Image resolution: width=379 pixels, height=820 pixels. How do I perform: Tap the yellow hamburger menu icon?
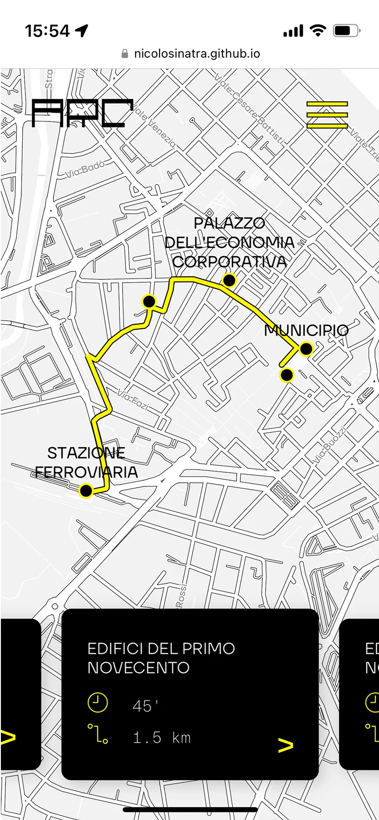tap(327, 115)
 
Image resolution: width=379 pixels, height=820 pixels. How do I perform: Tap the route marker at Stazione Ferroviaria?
tap(86, 490)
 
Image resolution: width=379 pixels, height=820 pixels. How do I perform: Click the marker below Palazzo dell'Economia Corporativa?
tap(229, 280)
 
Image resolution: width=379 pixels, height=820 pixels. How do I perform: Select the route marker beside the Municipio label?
tap(306, 349)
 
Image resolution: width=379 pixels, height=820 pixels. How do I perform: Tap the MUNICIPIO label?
tap(306, 330)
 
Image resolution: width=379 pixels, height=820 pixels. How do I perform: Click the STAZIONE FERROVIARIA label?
tap(86, 462)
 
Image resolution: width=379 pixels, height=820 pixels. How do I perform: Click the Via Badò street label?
tap(85, 169)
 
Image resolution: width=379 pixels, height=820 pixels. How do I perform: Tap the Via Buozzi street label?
tap(329, 446)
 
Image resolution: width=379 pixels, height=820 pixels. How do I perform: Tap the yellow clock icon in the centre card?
tap(98, 703)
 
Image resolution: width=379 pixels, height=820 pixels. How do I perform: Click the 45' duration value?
tap(145, 706)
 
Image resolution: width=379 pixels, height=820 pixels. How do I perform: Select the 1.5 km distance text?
tap(162, 738)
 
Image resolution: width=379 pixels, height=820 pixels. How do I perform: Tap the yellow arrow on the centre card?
tap(286, 745)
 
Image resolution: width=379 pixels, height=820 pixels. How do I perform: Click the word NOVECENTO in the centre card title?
tap(139, 668)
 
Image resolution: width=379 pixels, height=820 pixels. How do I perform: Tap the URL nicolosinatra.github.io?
tap(197, 54)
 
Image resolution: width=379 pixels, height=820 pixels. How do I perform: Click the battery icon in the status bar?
tap(347, 31)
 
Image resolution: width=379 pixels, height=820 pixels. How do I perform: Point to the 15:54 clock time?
tap(47, 31)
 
